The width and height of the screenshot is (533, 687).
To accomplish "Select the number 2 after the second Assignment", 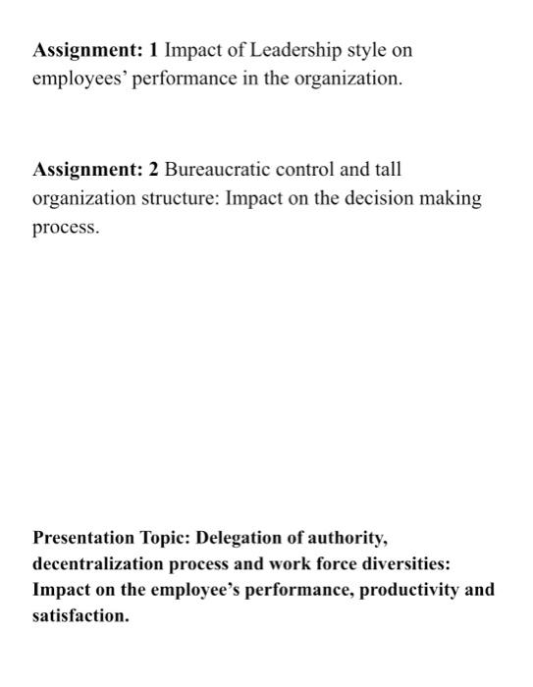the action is pos(154,169).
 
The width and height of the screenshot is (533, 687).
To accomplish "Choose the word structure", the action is pos(180,198).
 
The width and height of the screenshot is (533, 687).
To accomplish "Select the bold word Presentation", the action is pos(83,538).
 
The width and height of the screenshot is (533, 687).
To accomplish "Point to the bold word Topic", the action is pos(165,539).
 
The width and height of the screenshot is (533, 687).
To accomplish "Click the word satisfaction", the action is pos(80,617).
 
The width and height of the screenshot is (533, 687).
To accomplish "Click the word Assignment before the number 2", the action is pos(87,169).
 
